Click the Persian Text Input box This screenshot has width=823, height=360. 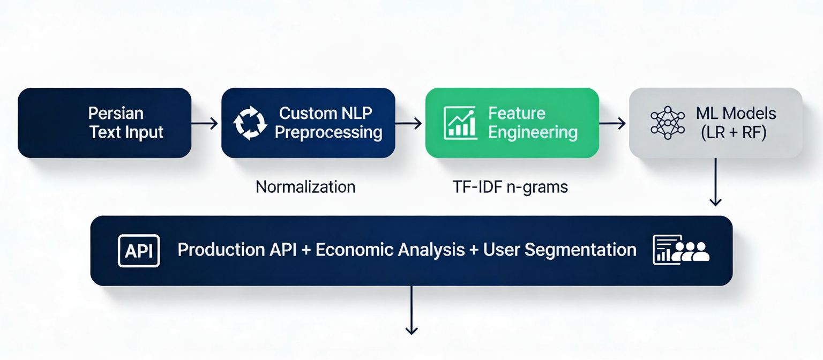click(104, 123)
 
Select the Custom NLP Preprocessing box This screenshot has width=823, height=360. click(308, 123)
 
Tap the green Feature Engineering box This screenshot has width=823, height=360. click(512, 123)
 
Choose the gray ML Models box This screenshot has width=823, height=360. click(715, 123)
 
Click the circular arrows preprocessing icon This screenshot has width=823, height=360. click(249, 123)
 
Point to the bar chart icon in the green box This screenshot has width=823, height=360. click(460, 123)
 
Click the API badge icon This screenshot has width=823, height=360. click(139, 251)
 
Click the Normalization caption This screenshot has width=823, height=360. click(305, 187)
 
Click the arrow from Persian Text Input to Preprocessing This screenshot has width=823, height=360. click(205, 124)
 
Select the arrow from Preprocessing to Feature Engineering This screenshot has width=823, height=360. click(409, 124)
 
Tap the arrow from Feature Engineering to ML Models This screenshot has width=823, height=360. click(612, 124)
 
